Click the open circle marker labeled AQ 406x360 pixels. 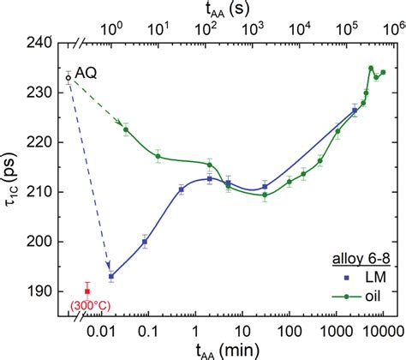pyautogui.click(x=69, y=78)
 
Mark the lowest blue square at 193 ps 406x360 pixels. pyautogui.click(x=110, y=276)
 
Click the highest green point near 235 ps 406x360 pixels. pyautogui.click(x=371, y=68)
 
